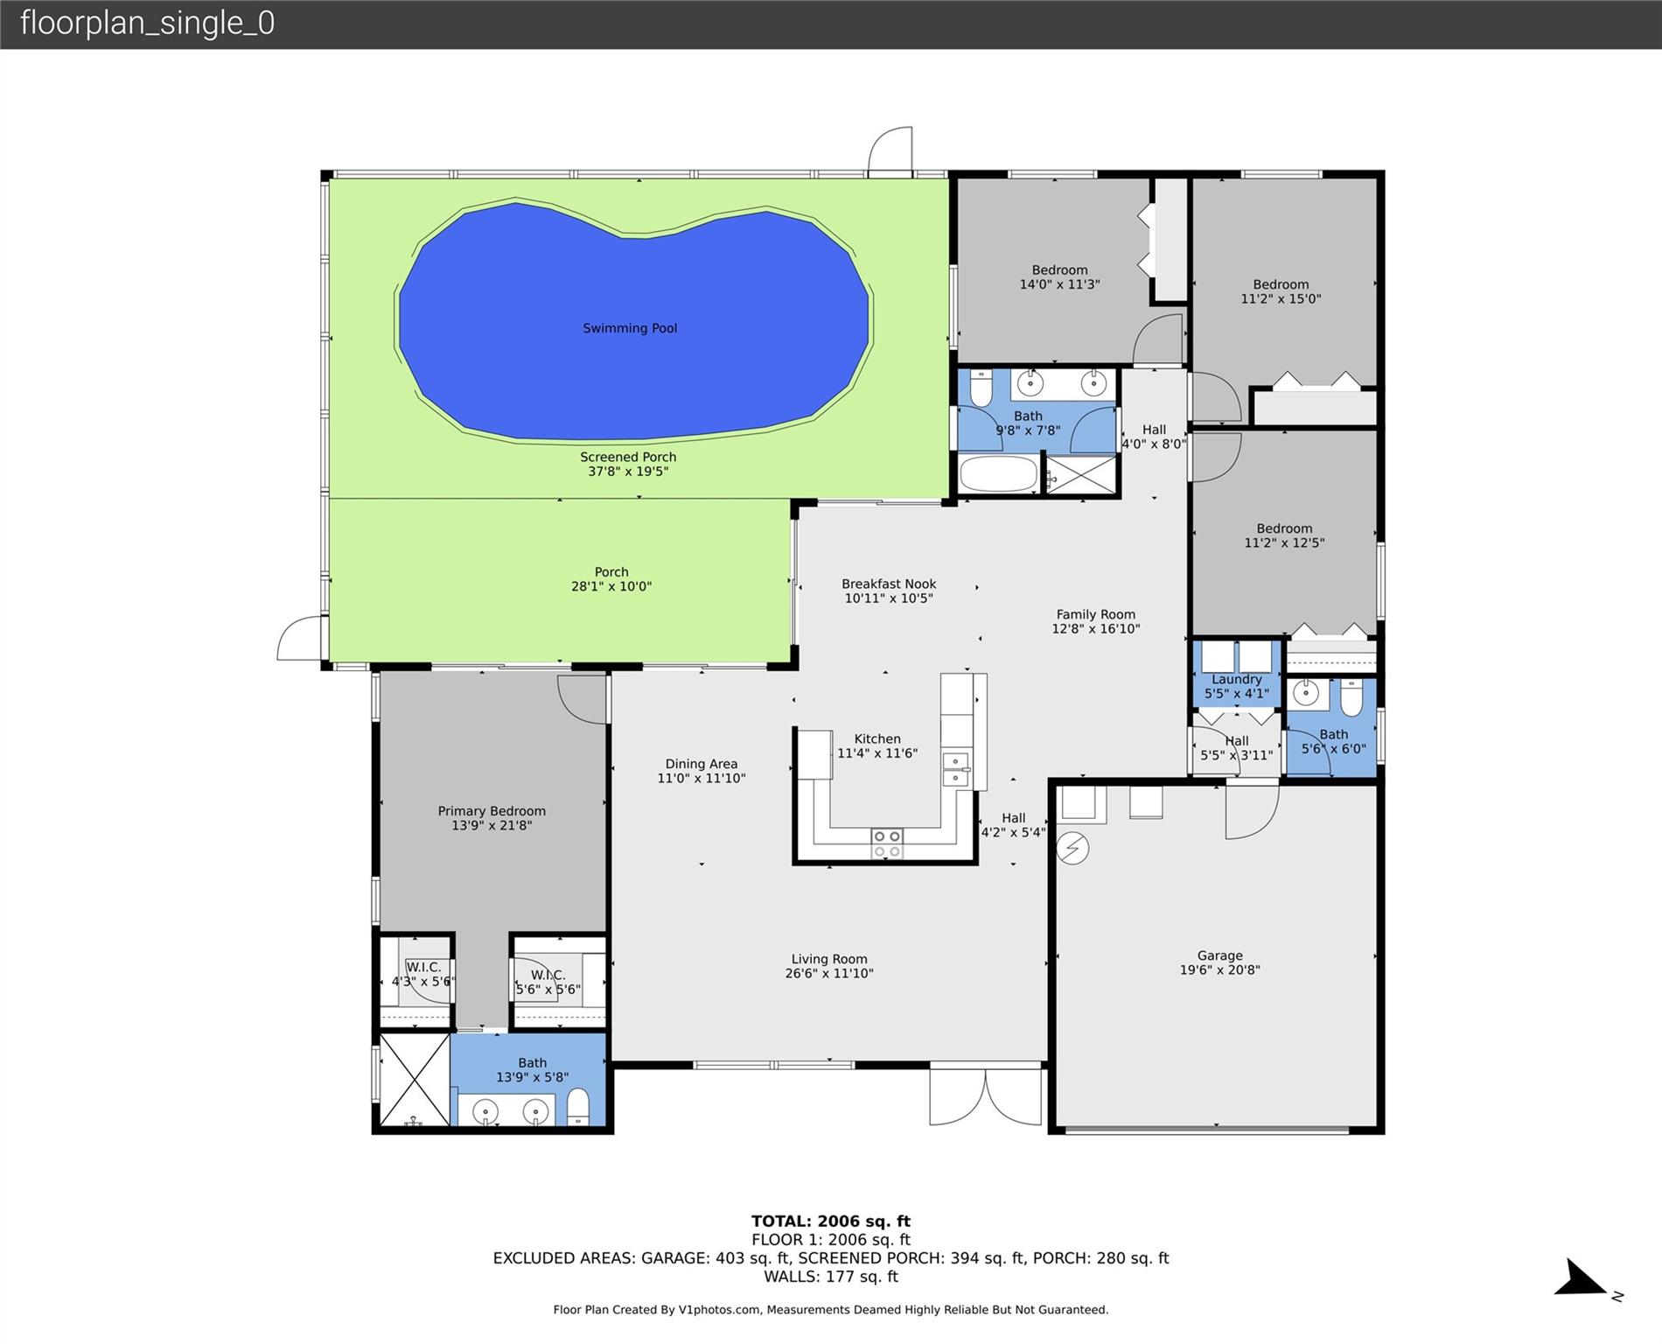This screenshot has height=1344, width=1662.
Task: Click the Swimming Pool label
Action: [630, 328]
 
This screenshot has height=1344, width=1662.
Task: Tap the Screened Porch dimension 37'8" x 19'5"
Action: [628, 472]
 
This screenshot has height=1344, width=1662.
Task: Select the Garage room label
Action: [1220, 955]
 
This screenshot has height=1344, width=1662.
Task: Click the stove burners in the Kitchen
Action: [886, 843]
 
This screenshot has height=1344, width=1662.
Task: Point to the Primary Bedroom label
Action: [492, 811]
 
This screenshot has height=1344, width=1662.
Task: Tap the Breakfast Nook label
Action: [889, 584]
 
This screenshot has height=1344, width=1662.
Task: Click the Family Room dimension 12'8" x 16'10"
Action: [1096, 629]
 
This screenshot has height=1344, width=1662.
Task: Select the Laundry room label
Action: [1237, 679]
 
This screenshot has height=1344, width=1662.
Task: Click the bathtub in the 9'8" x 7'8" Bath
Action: [999, 475]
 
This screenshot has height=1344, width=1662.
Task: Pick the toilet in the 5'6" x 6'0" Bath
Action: [1351, 696]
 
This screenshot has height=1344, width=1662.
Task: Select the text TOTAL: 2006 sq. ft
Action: [831, 1221]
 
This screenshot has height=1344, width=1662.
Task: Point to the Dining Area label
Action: [702, 764]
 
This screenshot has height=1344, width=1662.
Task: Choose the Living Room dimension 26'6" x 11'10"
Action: [829, 974]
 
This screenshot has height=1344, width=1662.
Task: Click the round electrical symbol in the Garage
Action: [1073, 847]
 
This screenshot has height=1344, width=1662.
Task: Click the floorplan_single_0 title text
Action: [147, 23]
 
